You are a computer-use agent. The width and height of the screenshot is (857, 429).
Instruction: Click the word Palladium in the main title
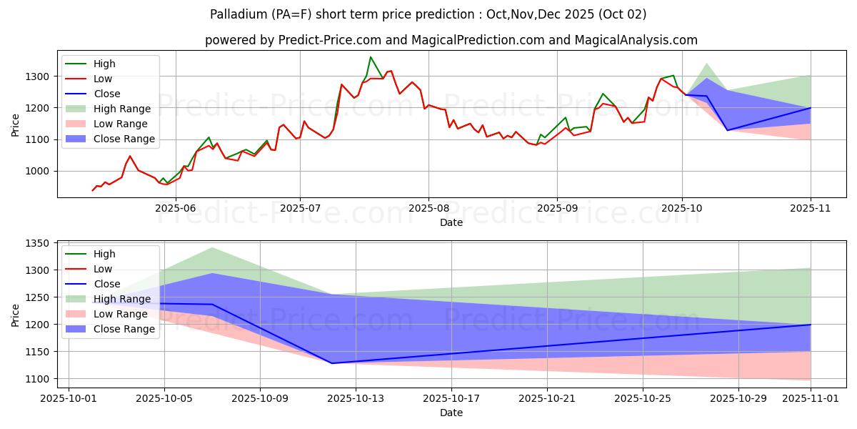click(236, 14)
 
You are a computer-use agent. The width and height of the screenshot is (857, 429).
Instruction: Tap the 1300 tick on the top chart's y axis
click(39, 77)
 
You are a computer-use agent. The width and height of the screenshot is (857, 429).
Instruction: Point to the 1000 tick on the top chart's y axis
click(39, 171)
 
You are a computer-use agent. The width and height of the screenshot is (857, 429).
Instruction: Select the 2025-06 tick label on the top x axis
click(176, 207)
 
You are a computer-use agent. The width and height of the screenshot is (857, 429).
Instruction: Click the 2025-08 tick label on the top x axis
click(428, 207)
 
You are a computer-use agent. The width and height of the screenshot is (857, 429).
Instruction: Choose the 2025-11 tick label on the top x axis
click(811, 207)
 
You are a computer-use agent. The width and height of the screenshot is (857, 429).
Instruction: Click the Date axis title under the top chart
click(451, 222)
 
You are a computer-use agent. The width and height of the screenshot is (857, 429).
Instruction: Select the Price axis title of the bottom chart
click(16, 313)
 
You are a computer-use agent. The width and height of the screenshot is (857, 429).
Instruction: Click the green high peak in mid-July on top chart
click(370, 57)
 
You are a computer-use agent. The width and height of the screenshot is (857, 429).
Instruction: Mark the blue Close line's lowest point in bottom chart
click(331, 363)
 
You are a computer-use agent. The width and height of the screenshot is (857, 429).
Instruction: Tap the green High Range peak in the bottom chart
click(212, 248)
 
